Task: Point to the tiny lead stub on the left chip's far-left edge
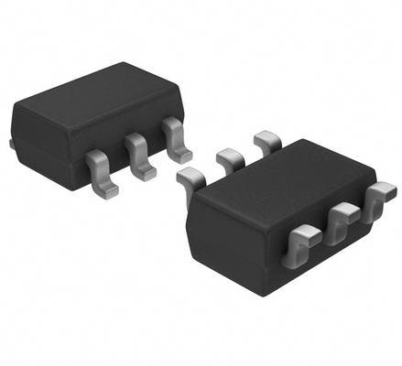(10, 144)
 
